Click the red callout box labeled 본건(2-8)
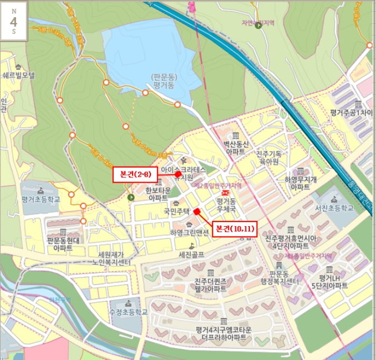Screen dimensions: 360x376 [x=135, y=174]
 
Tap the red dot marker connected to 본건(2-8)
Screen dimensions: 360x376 [x=178, y=174]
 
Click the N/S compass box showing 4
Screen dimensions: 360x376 [x=13, y=21]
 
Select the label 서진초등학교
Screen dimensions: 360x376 [x=335, y=208]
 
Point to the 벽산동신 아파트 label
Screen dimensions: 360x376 [x=236, y=148]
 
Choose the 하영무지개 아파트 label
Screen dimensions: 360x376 [x=300, y=183]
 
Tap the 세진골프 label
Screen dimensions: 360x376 [x=191, y=255]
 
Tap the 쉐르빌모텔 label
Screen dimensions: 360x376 [x=17, y=75]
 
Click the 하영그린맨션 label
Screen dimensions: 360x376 [x=189, y=233]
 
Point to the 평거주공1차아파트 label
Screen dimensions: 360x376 [x=352, y=113]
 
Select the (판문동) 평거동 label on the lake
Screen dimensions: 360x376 [x=164, y=81]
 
